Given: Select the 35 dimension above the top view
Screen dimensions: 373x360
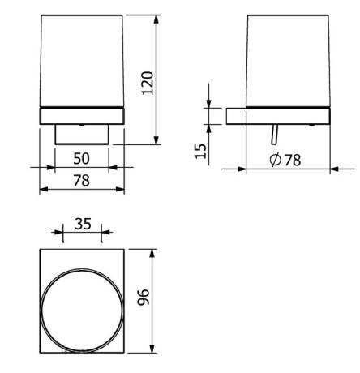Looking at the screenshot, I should coord(82,223).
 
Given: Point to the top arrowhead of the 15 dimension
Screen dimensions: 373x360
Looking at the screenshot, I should coord(209,106).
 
